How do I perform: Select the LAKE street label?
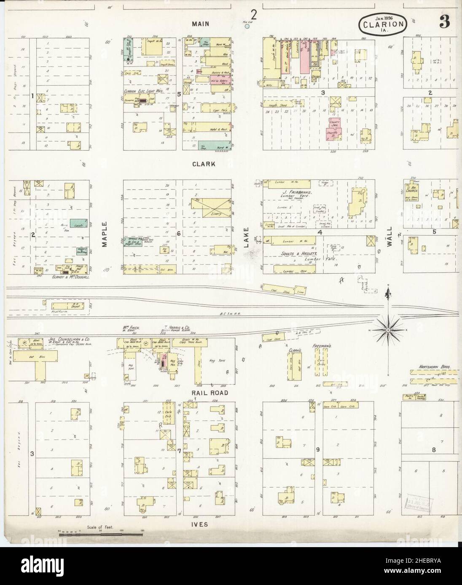[246, 237]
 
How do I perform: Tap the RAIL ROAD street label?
[210, 393]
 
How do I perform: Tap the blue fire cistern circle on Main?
[247, 26]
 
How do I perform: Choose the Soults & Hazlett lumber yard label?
[293, 255]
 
